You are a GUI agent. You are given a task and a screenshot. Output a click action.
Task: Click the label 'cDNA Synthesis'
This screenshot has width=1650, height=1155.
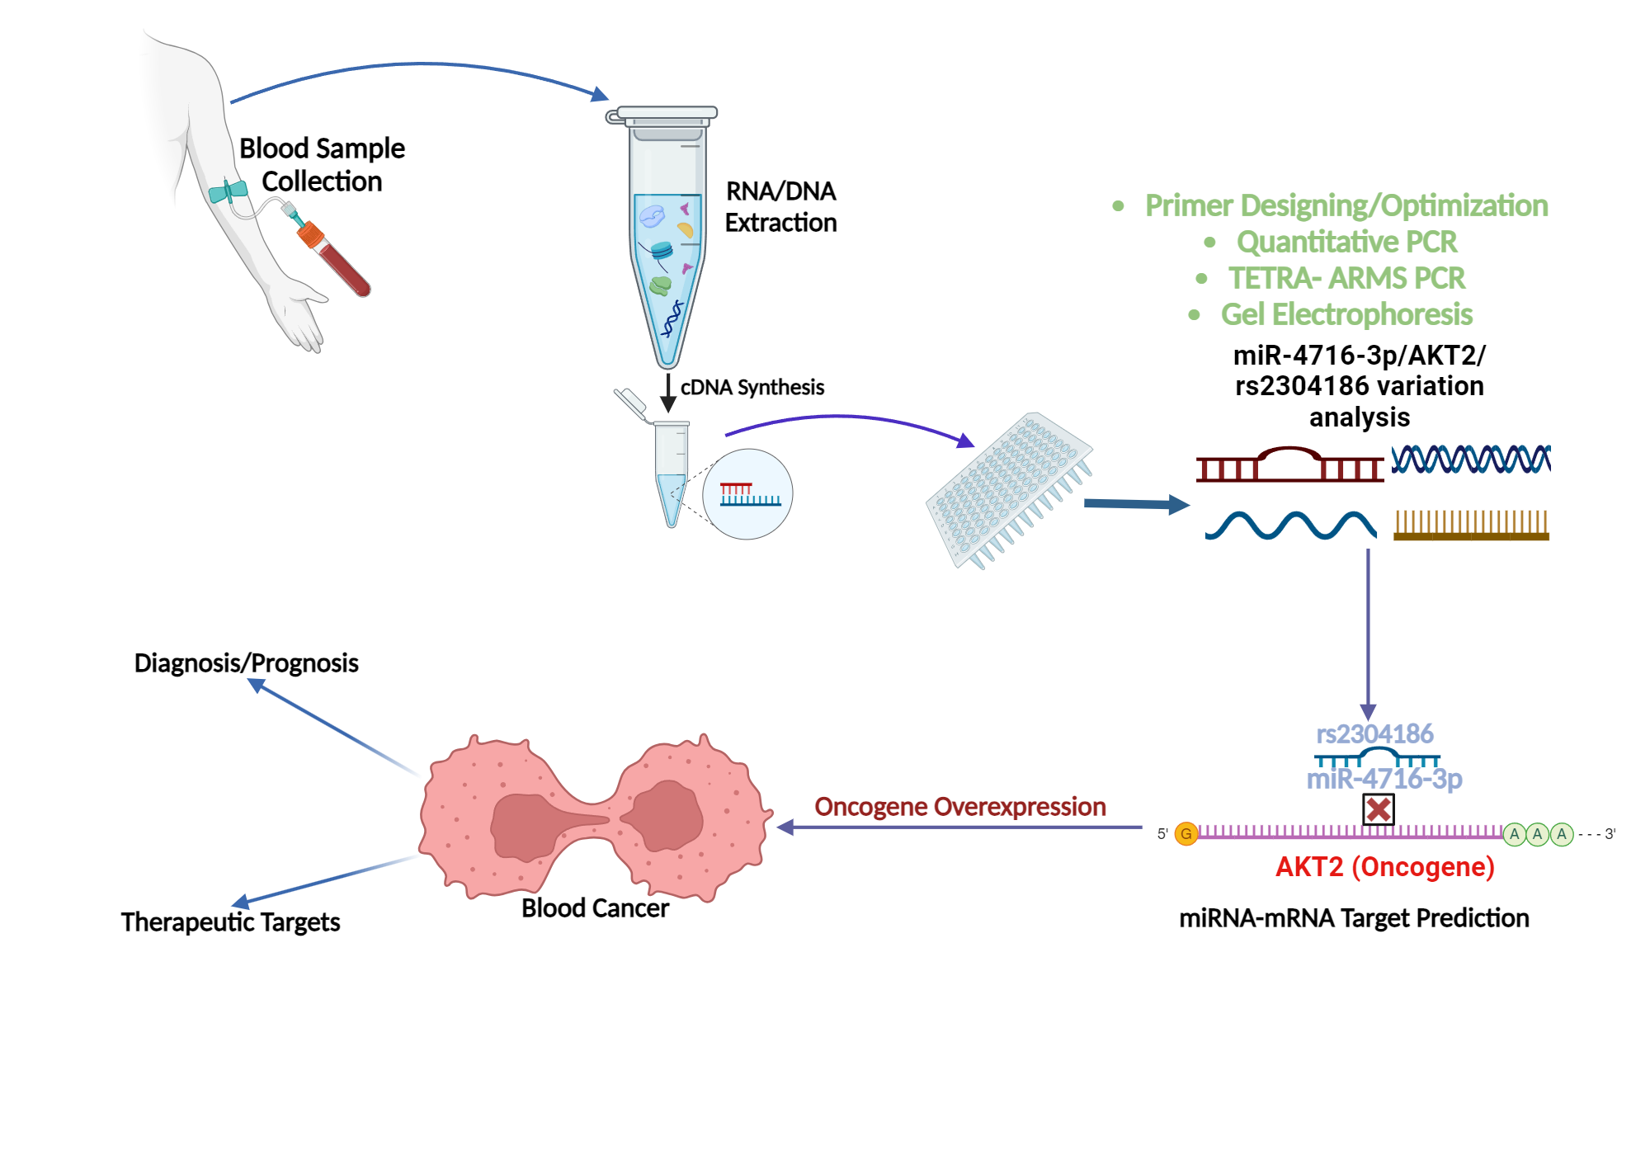752,387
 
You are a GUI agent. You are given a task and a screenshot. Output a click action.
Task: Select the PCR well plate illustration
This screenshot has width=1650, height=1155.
1008,490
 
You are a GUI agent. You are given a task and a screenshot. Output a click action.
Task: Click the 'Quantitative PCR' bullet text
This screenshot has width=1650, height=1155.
1346,242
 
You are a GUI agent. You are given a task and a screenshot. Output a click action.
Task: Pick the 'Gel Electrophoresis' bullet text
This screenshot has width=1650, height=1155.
1346,314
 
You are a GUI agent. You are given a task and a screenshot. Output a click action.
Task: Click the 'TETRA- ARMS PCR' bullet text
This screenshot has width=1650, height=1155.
1346,278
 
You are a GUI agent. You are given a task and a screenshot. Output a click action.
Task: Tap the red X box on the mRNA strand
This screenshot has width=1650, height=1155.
1378,809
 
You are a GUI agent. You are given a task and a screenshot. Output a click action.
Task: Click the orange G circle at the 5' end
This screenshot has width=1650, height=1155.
1186,833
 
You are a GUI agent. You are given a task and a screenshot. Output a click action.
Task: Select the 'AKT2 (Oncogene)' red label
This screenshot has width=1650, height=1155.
1384,866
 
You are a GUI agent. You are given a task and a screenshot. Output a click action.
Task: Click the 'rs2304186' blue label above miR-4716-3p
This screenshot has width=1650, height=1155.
1374,733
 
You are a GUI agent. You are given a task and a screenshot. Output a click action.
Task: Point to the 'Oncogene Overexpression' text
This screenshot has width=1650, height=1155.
959,806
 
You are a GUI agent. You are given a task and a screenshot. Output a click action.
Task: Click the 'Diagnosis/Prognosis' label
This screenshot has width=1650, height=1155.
246,662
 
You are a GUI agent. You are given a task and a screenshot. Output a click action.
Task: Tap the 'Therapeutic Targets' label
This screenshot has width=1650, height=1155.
230,922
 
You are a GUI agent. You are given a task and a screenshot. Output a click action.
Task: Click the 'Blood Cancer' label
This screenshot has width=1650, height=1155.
595,907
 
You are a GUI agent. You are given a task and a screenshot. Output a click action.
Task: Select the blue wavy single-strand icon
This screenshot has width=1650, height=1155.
1290,525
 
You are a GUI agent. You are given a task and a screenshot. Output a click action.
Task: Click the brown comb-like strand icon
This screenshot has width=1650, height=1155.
1471,526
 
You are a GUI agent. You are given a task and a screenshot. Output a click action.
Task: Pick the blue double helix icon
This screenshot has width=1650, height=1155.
1471,459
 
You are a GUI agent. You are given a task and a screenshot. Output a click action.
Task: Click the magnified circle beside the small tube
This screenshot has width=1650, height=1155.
747,493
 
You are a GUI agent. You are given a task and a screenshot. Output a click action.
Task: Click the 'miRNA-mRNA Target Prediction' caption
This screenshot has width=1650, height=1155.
1354,917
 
